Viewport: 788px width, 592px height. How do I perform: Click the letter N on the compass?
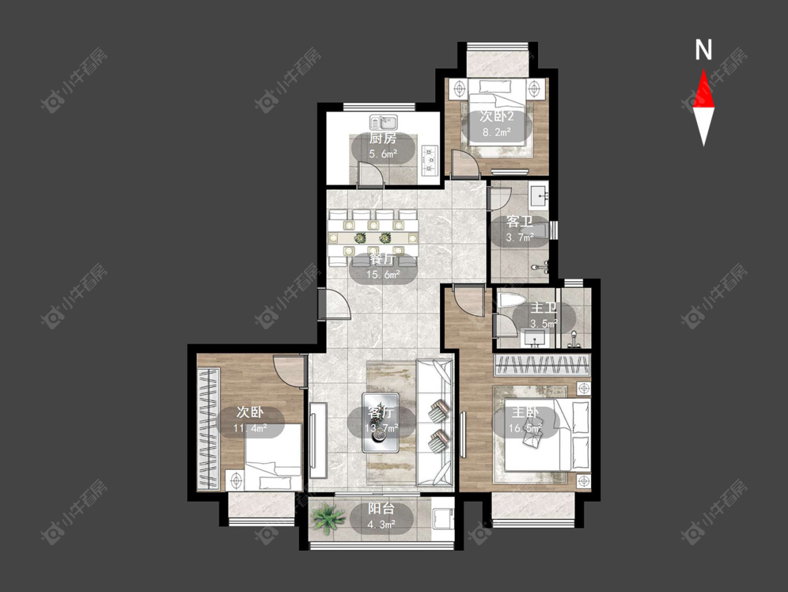pos(703,50)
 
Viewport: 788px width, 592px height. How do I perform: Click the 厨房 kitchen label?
pos(383,138)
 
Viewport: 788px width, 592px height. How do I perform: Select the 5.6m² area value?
pos(383,154)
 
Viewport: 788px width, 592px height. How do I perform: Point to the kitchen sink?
pos(383,122)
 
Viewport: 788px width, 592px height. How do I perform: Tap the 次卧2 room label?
pos(497,117)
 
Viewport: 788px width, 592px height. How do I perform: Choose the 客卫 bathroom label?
pos(520,222)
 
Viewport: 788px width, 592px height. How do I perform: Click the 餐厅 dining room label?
pos(382,260)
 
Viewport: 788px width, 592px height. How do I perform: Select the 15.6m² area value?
pos(383,275)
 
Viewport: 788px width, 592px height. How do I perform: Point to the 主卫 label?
pos(544,308)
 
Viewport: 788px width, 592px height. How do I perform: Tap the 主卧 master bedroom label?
pos(525,413)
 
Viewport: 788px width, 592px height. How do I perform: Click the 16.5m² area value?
pos(525,429)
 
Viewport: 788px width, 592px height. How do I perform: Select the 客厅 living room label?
pos(382,413)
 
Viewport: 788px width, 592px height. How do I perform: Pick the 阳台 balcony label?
pos(382,509)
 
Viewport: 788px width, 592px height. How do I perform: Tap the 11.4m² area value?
pos(250,429)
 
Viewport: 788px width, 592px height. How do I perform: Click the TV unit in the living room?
pos(318,440)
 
